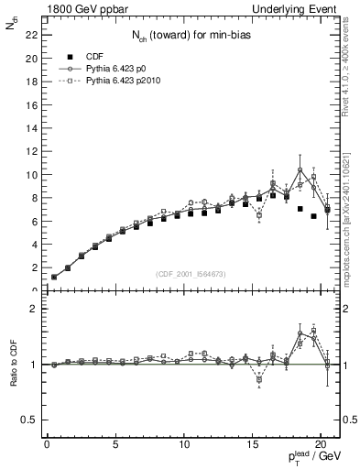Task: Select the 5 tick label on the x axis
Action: (115, 445)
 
